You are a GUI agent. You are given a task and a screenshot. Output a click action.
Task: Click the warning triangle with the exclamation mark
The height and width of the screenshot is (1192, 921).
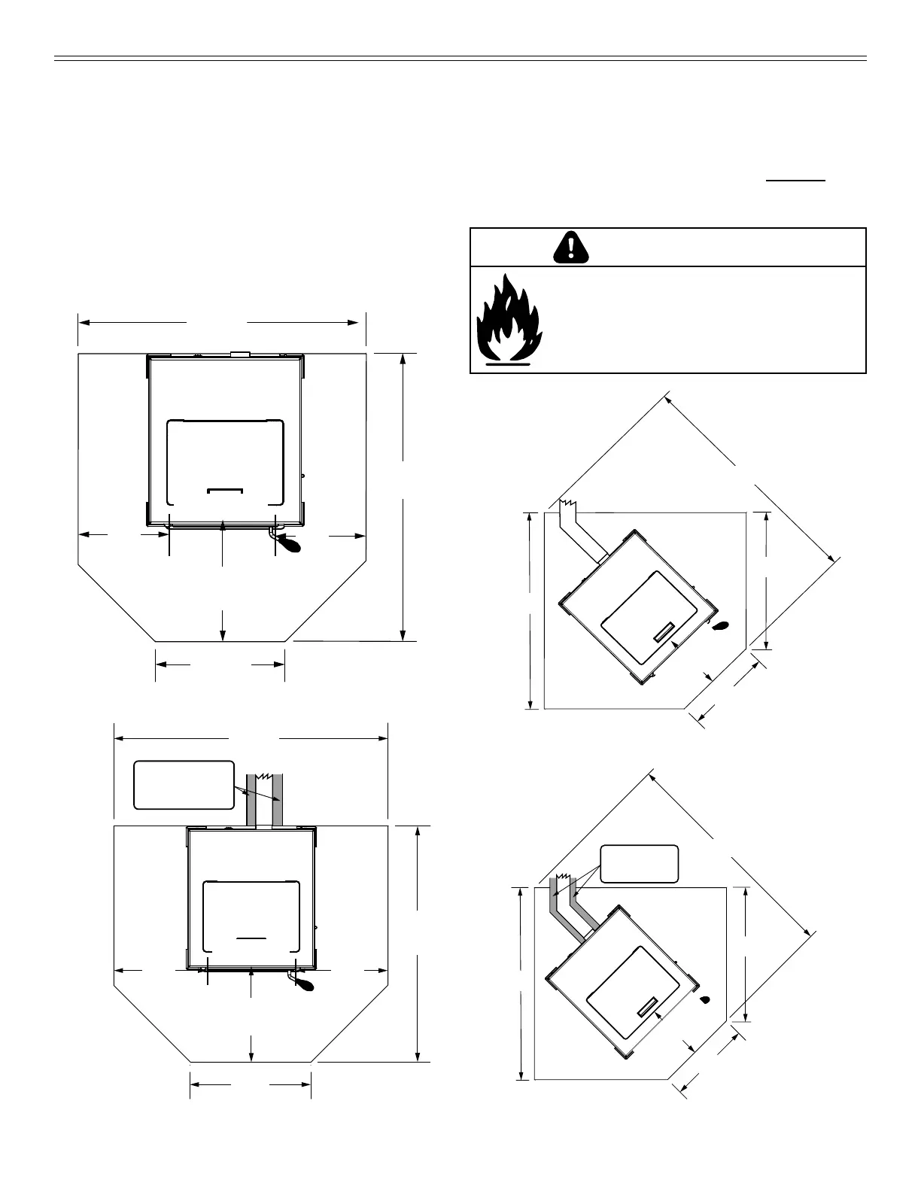point(571,247)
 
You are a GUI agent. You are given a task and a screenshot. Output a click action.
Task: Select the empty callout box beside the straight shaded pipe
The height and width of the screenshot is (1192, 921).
point(184,785)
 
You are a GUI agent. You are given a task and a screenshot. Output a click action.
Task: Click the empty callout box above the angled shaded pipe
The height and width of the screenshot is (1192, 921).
point(640,864)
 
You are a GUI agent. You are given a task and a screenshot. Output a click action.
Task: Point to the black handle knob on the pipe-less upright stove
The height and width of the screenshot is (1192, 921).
point(288,542)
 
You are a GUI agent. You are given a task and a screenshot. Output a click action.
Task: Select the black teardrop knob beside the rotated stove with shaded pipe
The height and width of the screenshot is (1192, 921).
point(705,1000)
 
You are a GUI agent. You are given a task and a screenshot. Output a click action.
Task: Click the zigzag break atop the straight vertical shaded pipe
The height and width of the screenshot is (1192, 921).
point(265,775)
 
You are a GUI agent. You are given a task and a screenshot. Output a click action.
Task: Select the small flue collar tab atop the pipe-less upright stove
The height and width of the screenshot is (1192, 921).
point(240,352)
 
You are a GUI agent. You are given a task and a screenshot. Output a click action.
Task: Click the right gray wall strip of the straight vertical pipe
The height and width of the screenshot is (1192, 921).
point(277,801)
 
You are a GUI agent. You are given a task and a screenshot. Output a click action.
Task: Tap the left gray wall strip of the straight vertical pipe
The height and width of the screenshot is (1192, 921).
point(252,801)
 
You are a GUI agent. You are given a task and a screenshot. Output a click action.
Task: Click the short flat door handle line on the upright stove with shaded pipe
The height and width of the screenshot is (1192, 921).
point(251,938)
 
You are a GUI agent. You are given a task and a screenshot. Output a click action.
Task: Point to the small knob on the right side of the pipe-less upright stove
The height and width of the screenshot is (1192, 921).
point(302,476)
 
